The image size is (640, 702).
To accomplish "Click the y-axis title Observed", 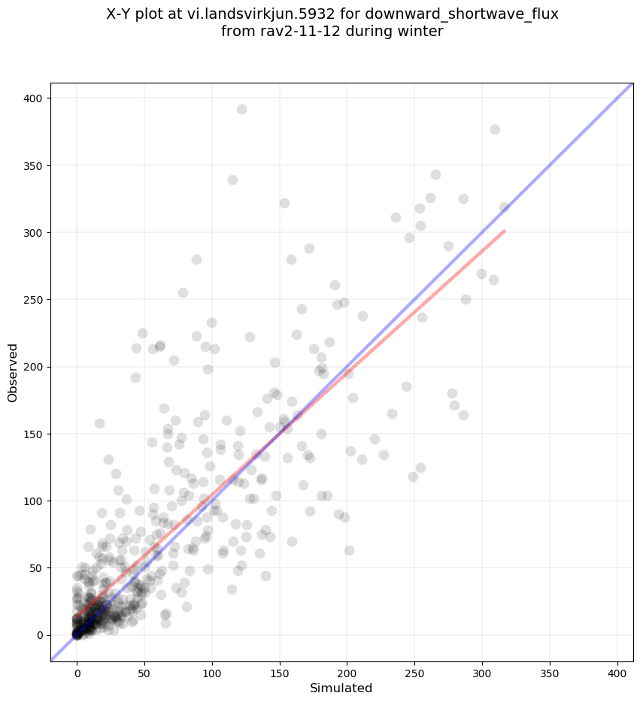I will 13,372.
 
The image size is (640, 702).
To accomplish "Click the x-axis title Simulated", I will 341,688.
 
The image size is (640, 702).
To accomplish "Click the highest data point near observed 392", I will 241,109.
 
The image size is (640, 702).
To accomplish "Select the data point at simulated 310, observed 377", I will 495,129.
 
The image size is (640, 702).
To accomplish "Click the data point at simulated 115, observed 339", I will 232,180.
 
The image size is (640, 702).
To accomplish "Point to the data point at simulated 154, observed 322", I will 284,203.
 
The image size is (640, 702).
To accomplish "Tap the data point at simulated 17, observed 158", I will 99,423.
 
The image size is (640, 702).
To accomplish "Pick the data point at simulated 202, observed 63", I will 349,550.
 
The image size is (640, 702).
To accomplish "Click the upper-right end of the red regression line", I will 504,231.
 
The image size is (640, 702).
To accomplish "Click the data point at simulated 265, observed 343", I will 435,174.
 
